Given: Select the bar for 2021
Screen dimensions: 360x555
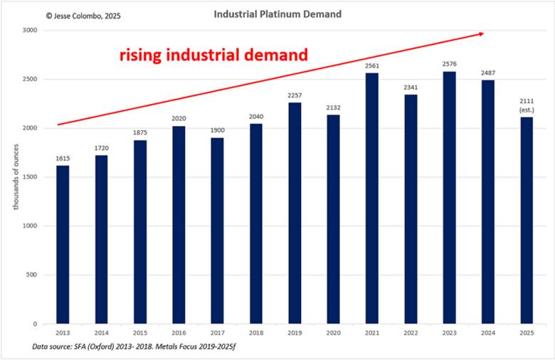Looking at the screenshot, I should [x=372, y=198].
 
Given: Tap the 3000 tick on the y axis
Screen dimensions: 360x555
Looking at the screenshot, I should [x=29, y=31].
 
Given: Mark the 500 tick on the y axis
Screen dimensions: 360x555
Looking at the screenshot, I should [x=32, y=275].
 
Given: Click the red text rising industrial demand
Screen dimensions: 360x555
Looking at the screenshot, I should [x=213, y=54].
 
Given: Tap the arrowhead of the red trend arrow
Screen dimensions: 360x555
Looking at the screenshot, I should [x=482, y=33].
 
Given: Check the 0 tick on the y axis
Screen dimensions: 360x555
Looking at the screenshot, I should [x=35, y=324].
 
